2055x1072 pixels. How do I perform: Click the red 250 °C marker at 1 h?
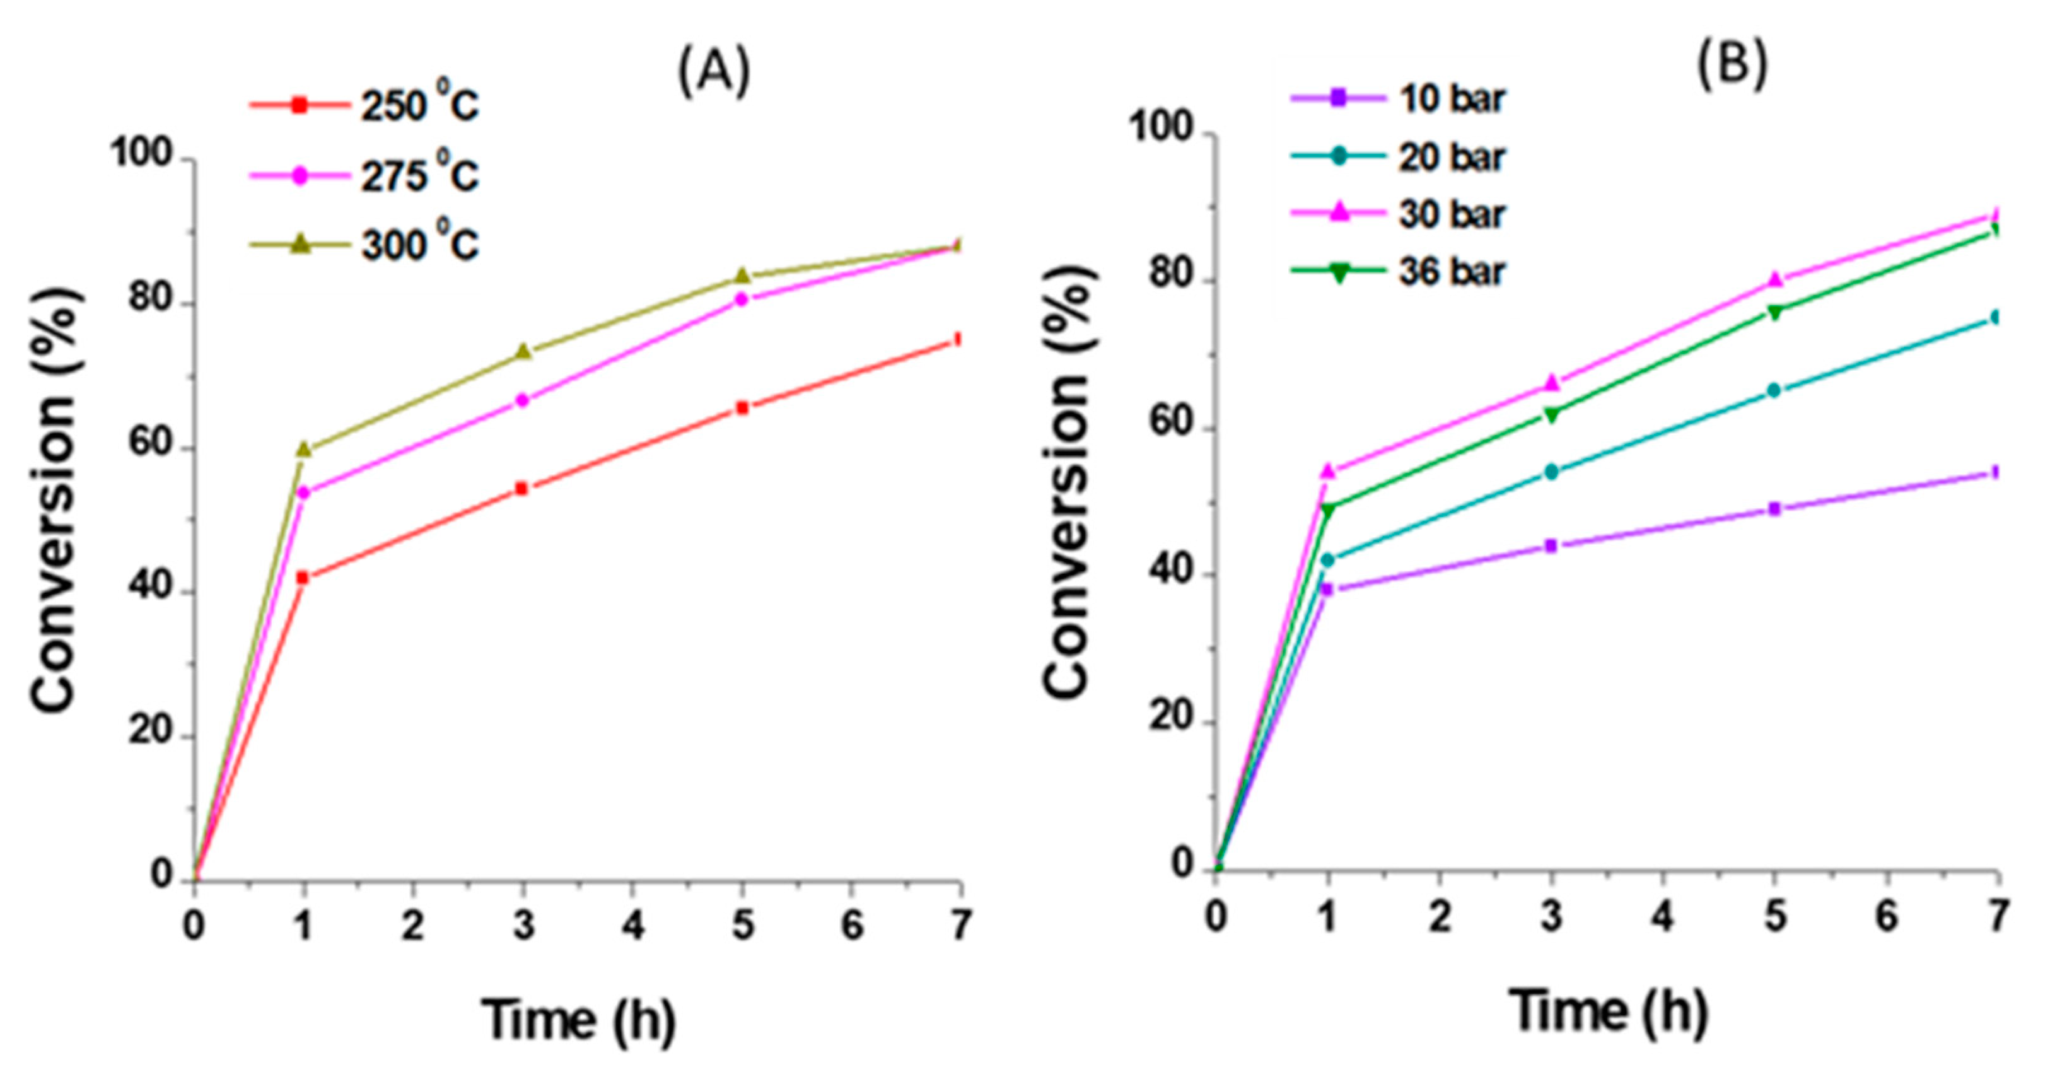click(302, 578)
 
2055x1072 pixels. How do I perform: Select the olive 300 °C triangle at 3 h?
click(523, 352)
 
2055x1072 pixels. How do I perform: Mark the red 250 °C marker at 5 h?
click(742, 407)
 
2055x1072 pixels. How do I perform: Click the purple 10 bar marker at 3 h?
click(1552, 545)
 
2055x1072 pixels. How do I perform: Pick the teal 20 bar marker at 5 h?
click(1774, 390)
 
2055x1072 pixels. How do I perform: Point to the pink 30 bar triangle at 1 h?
click(1328, 472)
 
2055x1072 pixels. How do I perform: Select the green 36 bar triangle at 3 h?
click(1552, 415)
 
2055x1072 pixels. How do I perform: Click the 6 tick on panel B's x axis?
click(1886, 918)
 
